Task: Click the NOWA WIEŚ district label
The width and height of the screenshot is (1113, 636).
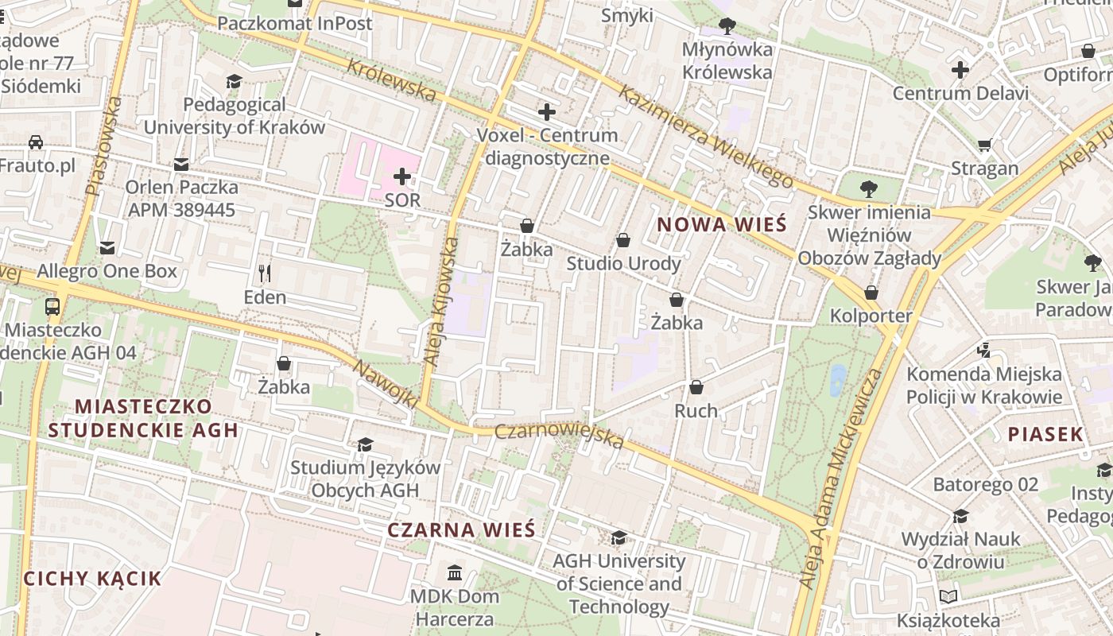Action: tap(722, 224)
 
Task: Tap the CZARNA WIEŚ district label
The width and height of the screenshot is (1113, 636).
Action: tap(461, 530)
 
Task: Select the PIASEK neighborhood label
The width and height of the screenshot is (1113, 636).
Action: tap(1045, 434)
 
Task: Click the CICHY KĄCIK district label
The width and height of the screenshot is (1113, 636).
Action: tap(92, 578)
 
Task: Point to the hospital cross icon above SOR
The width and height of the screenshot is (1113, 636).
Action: tap(402, 176)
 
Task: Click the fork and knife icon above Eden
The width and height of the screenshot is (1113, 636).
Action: tap(265, 273)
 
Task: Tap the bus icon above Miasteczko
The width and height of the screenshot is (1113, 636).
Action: tap(52, 306)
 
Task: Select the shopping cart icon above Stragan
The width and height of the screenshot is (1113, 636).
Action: tap(985, 145)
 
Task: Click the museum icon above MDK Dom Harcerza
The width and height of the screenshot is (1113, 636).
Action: tap(455, 572)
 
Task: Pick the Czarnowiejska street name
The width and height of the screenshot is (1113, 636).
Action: tap(559, 435)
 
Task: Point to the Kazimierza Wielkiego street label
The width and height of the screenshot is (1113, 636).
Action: tap(705, 137)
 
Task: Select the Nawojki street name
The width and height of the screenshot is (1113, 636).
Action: tap(385, 385)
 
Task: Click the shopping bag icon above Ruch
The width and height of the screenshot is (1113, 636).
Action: tap(696, 387)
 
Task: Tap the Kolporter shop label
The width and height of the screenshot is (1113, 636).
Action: tap(871, 316)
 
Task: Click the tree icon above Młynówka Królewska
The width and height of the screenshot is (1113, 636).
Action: tap(727, 26)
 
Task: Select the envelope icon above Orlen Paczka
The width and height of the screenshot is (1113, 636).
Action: tap(181, 165)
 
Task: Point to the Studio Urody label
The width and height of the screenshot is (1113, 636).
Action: tap(623, 263)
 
